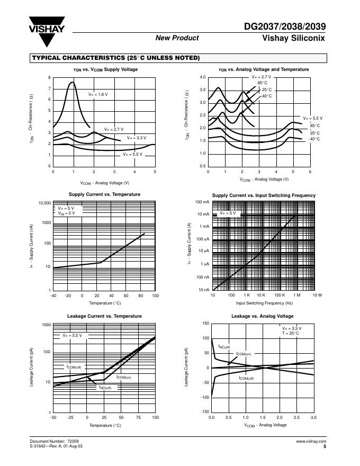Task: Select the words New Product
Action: click(177, 38)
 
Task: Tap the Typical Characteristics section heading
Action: click(116, 58)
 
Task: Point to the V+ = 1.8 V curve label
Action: click(98, 94)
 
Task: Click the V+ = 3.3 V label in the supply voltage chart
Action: click(137, 138)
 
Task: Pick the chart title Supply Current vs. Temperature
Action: click(104, 194)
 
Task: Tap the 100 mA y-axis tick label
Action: click(203, 202)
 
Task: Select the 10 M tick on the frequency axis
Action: click(317, 295)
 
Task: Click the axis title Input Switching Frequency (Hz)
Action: click(264, 303)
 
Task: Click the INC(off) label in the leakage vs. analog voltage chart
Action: click(224, 347)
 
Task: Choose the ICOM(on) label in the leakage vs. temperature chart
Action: click(123, 378)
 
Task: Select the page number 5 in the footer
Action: click(325, 446)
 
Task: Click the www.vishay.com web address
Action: click(311, 441)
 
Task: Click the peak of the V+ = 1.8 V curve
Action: click(73, 82)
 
